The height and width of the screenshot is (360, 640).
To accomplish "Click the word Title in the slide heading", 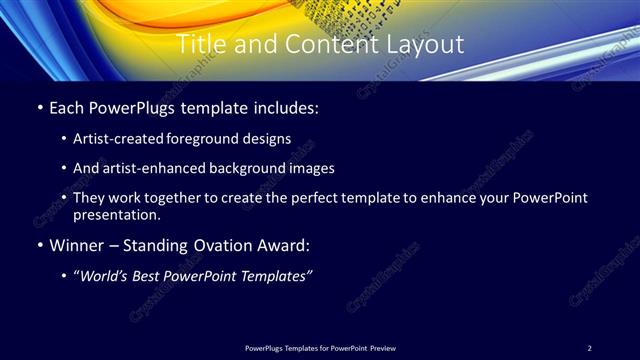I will [202, 45].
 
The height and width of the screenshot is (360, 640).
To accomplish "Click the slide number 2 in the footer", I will [590, 347].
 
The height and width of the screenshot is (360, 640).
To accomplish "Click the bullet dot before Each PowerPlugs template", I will [38, 106].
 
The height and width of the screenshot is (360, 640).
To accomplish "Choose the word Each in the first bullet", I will [65, 106].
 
